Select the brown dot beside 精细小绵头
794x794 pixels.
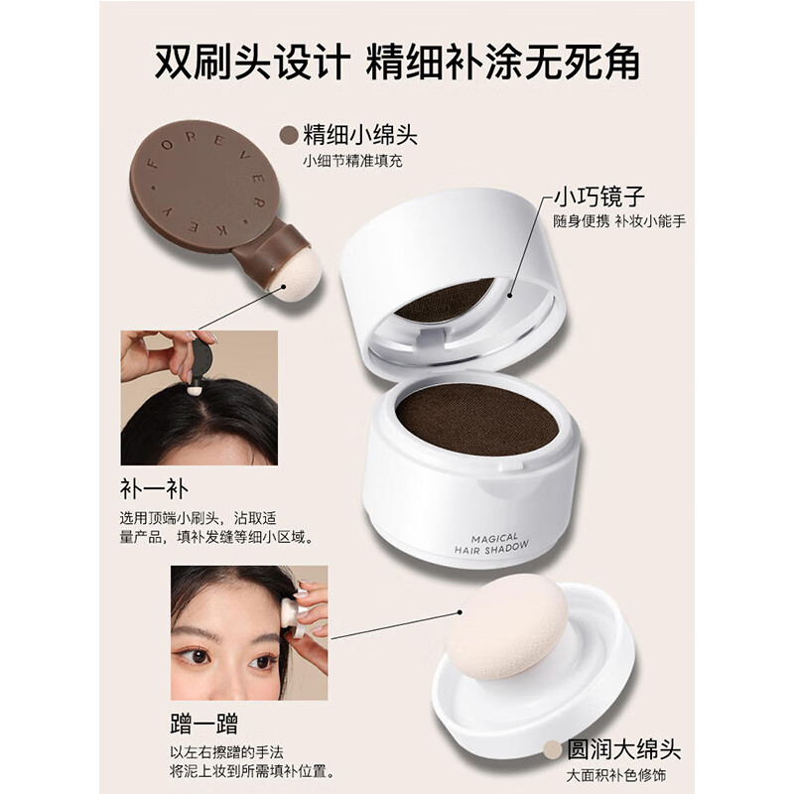click(289, 135)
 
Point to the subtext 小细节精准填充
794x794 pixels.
click(355, 161)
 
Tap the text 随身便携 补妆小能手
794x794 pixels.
click(619, 220)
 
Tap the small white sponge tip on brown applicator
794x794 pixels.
click(295, 276)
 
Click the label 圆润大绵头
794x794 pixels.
click(636, 748)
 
